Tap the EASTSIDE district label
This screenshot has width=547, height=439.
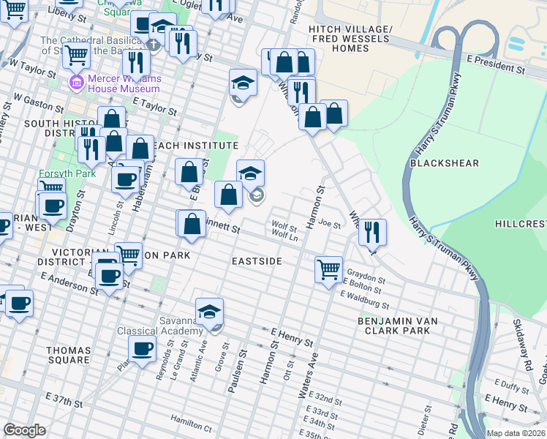click(257, 260)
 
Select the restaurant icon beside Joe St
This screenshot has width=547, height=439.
click(372, 232)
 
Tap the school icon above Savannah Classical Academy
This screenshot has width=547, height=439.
click(209, 312)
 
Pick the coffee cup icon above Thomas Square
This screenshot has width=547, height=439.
click(143, 348)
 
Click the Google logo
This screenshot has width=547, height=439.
click(24, 430)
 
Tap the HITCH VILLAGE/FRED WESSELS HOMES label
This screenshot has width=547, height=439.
click(350, 38)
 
